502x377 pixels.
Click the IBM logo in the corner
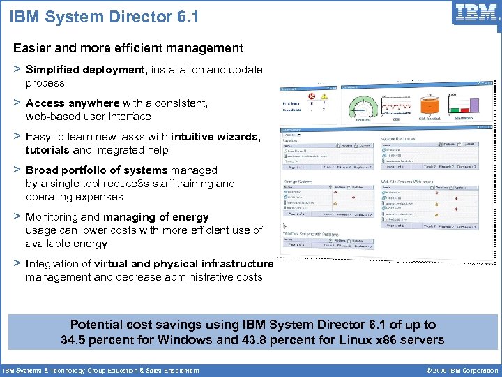[476, 13]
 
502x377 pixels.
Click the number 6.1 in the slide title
[186, 15]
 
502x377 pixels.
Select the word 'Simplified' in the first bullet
[53, 70]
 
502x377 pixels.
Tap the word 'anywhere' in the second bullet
[93, 103]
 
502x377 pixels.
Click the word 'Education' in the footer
[128, 371]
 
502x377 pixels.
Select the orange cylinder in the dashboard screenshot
[430, 104]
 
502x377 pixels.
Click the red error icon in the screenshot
[312, 96]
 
